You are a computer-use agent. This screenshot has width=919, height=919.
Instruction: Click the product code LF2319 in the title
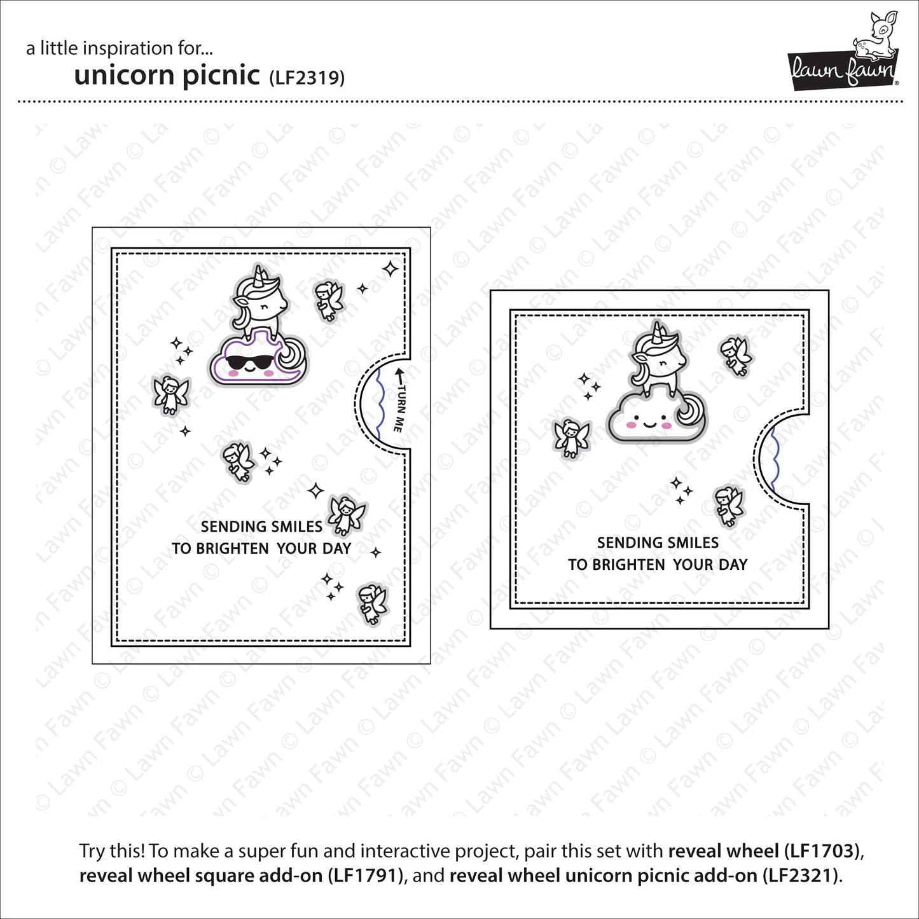[307, 78]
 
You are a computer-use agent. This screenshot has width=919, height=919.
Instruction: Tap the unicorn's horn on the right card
[659, 331]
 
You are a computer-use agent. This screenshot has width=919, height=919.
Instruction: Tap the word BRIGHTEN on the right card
[628, 565]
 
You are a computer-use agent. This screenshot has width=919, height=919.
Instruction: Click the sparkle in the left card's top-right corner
[390, 268]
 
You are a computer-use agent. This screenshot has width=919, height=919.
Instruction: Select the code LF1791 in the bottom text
[365, 876]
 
